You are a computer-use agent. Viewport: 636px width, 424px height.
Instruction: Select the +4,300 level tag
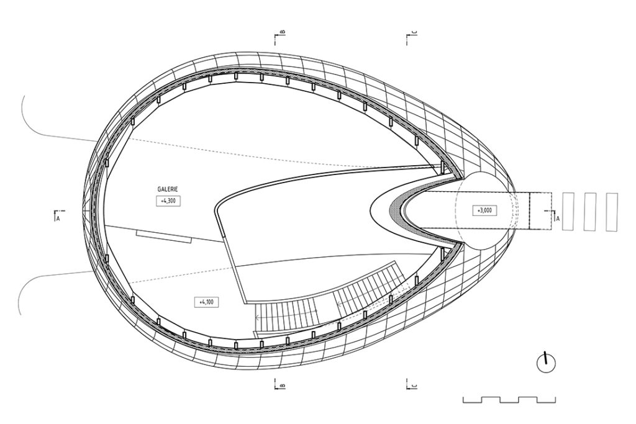[168, 201]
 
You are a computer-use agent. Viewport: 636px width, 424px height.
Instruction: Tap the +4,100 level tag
[206, 302]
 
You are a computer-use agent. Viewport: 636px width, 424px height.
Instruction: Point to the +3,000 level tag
[485, 210]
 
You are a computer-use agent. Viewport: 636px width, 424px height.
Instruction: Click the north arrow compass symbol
[546, 363]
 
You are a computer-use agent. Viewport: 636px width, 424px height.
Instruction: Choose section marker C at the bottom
[411, 385]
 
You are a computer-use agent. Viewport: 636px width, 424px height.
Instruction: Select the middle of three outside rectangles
[590, 212]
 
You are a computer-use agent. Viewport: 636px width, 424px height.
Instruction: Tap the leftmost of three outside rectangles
[569, 212]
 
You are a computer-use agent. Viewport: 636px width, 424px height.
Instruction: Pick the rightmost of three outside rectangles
[612, 212]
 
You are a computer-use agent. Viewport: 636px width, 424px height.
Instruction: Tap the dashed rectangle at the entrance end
[540, 211]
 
